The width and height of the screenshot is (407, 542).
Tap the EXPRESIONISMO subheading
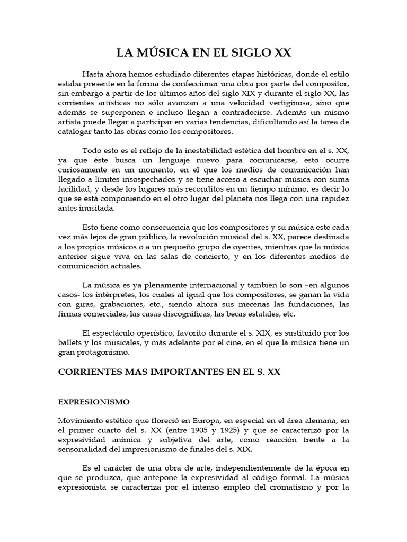tap(93, 402)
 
